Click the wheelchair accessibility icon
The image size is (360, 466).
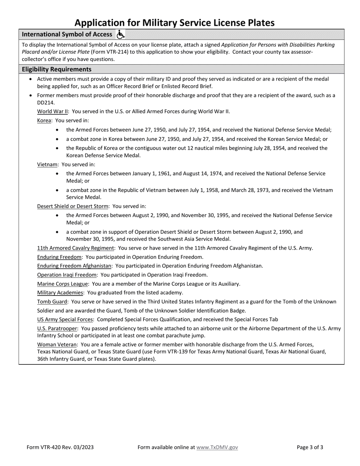[120, 34]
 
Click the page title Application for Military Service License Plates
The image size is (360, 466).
[174, 23]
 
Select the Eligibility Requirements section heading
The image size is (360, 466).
[56, 69]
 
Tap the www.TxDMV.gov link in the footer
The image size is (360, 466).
[217, 447]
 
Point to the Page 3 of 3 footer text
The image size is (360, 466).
[310, 447]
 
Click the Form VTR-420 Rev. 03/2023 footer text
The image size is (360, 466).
[60, 447]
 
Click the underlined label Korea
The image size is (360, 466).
[44, 120]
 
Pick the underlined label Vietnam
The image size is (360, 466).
[47, 164]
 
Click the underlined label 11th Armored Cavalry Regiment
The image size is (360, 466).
[76, 248]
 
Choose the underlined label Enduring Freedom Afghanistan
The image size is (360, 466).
[74, 266]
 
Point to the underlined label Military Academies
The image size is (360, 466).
[60, 292]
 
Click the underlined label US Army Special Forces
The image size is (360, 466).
[65, 319]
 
